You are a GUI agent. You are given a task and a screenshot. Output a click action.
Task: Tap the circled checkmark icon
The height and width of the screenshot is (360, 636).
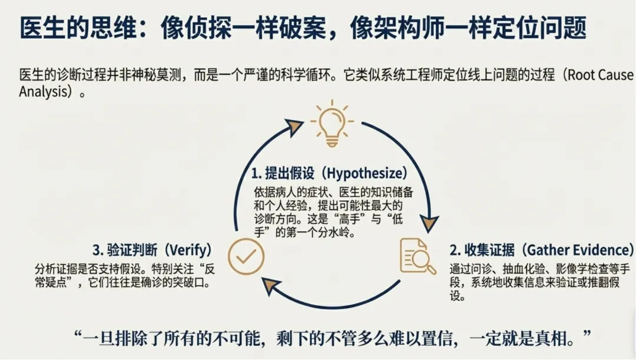click(x=246, y=257)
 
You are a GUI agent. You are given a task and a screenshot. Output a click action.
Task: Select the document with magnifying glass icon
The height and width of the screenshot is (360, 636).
click(x=418, y=256)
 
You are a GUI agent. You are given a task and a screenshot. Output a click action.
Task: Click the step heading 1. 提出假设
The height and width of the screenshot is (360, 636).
click(x=281, y=174)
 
